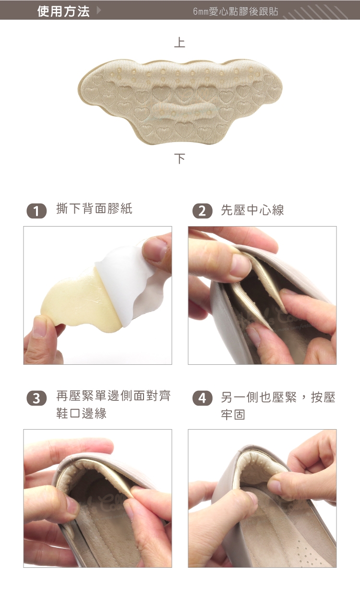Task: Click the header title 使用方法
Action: click(x=63, y=12)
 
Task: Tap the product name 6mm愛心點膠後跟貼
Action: click(x=236, y=12)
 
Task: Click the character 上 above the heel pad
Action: click(x=180, y=43)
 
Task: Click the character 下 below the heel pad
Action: click(x=180, y=158)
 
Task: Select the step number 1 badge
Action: click(x=36, y=211)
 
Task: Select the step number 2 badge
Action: click(x=203, y=211)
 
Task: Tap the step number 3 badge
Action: click(x=36, y=398)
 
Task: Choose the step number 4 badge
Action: click(x=203, y=398)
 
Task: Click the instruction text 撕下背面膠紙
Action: click(x=94, y=209)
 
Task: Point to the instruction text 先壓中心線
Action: click(x=252, y=210)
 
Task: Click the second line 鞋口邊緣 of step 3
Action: click(x=82, y=413)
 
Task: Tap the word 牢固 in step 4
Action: click(x=233, y=414)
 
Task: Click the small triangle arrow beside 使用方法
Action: click(x=99, y=11)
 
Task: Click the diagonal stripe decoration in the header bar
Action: click(x=315, y=12)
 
